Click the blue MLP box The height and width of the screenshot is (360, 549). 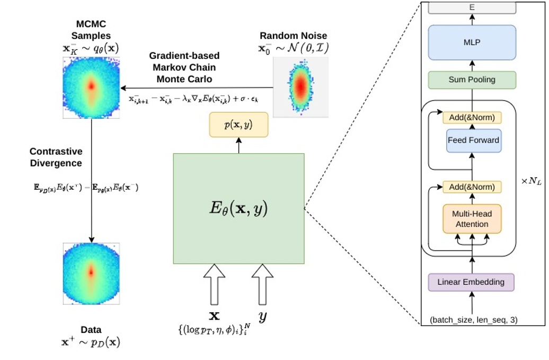472,42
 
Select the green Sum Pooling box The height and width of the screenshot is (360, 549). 472,80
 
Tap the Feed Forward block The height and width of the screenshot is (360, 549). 473,141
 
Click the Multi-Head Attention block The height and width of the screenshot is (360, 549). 472,219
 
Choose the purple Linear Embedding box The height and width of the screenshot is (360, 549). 471,282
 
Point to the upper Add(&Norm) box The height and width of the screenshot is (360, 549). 472,118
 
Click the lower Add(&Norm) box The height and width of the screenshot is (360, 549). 472,187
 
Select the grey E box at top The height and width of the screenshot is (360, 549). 472,8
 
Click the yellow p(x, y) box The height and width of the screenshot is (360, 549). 238,125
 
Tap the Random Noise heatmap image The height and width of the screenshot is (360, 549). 300,87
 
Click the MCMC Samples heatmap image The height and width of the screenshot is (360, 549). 91,87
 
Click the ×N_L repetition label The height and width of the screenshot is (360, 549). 531,181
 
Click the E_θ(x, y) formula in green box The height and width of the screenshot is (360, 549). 238,208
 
